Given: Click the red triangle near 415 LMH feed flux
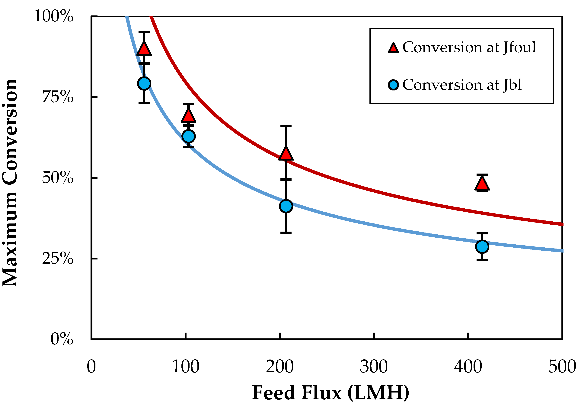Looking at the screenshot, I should click(x=482, y=184).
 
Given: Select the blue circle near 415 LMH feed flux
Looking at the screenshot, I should click(x=482, y=246).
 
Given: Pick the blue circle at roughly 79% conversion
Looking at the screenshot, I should click(x=144, y=83).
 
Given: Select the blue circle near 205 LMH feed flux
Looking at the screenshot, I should click(x=286, y=206).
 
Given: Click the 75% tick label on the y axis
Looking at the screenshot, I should click(x=58, y=97).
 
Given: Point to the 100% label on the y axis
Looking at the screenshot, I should click(x=53, y=16).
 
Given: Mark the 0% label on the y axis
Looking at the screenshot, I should click(x=62, y=339).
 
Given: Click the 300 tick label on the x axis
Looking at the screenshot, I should click(x=374, y=367).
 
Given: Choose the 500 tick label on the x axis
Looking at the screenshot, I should click(x=562, y=367).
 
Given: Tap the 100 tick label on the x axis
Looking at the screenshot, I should click(x=186, y=367).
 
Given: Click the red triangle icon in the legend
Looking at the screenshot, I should click(x=393, y=48).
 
